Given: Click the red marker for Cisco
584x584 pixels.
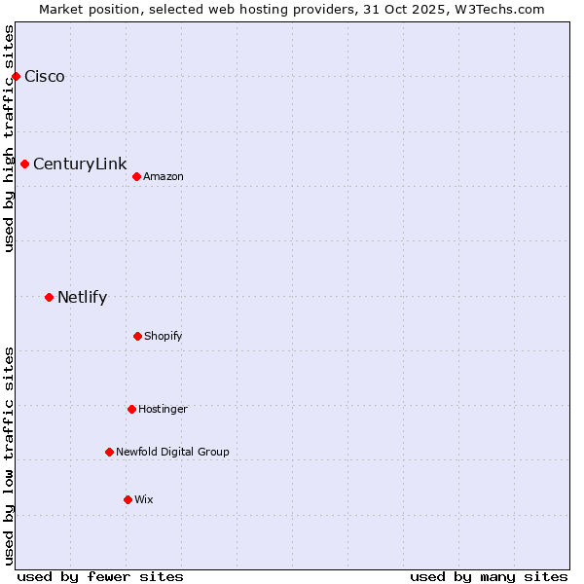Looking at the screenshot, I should click(x=16, y=76).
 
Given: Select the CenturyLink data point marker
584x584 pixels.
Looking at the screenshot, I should click(x=24, y=164).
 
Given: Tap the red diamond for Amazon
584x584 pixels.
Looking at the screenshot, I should click(x=136, y=176).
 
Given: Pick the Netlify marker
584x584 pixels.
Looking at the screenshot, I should click(x=49, y=297).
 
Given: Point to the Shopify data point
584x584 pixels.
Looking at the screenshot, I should click(x=137, y=336).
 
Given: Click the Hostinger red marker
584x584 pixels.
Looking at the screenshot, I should click(x=131, y=409).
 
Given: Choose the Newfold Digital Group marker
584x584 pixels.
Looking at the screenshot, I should click(x=109, y=452).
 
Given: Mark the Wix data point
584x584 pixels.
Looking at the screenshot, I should click(x=128, y=499).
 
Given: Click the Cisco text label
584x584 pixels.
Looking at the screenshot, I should click(x=45, y=77).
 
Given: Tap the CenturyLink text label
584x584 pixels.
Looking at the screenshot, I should click(x=80, y=164).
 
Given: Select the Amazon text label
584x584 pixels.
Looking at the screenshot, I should click(x=164, y=176).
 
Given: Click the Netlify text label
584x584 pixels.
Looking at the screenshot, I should click(x=82, y=298).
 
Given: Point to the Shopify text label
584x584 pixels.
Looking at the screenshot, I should click(x=164, y=336).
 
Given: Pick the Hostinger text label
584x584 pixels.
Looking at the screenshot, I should click(x=163, y=409).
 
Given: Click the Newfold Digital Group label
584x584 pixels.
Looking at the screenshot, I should click(x=172, y=452).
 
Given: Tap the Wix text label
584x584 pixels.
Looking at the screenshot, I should click(x=144, y=499).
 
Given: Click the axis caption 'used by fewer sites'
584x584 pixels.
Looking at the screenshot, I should click(x=100, y=576).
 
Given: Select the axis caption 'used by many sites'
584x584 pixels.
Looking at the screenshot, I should click(x=489, y=576).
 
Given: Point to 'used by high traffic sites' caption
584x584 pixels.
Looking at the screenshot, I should click(x=9, y=138).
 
